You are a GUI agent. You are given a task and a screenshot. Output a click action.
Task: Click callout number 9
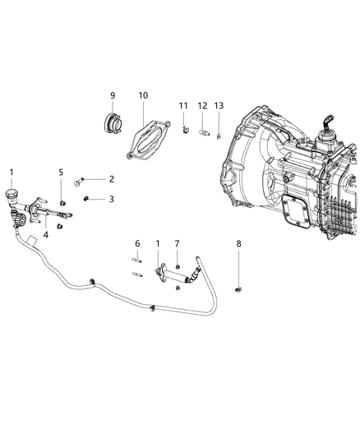(113, 95)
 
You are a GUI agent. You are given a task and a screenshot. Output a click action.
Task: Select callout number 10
(143, 95)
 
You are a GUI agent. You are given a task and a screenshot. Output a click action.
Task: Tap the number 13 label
(218, 106)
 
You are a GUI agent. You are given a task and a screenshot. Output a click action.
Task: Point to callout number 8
(239, 244)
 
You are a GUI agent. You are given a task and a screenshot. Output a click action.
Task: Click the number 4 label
(46, 235)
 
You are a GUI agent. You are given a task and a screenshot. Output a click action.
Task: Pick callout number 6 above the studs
(137, 243)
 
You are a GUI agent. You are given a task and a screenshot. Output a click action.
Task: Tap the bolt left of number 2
(80, 180)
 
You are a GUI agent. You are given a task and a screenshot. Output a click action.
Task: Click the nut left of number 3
(88, 198)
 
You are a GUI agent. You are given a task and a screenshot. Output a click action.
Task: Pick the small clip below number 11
(186, 127)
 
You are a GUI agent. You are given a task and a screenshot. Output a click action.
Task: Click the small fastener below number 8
(239, 288)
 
